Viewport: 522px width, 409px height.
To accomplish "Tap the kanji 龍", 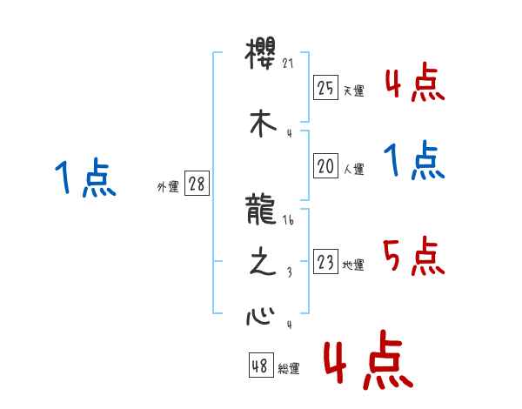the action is click(262, 209).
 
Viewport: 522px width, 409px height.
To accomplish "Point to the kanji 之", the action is click(262, 264).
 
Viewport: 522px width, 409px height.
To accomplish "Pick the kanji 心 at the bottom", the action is click(262, 313).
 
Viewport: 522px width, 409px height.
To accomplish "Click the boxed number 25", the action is click(325, 88).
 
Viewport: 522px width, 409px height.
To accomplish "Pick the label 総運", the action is click(289, 369).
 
